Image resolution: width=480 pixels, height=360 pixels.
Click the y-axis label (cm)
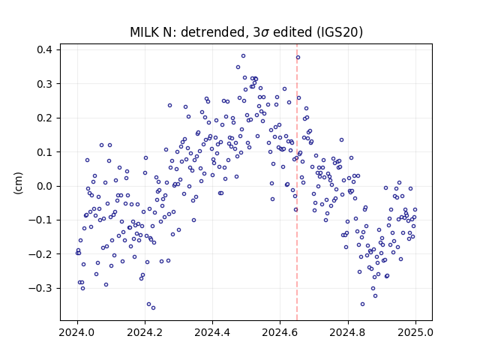pos(18,182)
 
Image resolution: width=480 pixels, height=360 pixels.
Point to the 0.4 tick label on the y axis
pos(44,49)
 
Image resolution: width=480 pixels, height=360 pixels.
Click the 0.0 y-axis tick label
pos(44,186)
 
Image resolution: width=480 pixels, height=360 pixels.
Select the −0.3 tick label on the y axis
pos(40,288)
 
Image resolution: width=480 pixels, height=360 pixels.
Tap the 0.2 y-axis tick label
pos(44,118)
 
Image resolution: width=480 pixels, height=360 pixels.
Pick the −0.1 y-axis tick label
pos(40,220)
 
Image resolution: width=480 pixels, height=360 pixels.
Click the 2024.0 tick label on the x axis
pos(77,332)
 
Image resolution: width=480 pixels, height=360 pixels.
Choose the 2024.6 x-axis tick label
pos(280,332)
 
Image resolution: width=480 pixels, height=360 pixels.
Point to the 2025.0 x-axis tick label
pos(415,332)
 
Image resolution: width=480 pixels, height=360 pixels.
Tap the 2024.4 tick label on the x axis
pos(212,332)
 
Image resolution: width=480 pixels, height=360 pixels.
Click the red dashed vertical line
pos(297,182)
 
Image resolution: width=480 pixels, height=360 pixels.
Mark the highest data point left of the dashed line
pos(243,56)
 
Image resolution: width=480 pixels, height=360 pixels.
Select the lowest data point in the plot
pos(153,308)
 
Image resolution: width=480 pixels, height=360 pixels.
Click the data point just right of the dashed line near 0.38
pos(298,58)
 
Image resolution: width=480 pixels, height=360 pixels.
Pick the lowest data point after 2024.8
pos(363,304)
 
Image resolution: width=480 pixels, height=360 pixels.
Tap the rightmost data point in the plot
pos(415,210)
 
